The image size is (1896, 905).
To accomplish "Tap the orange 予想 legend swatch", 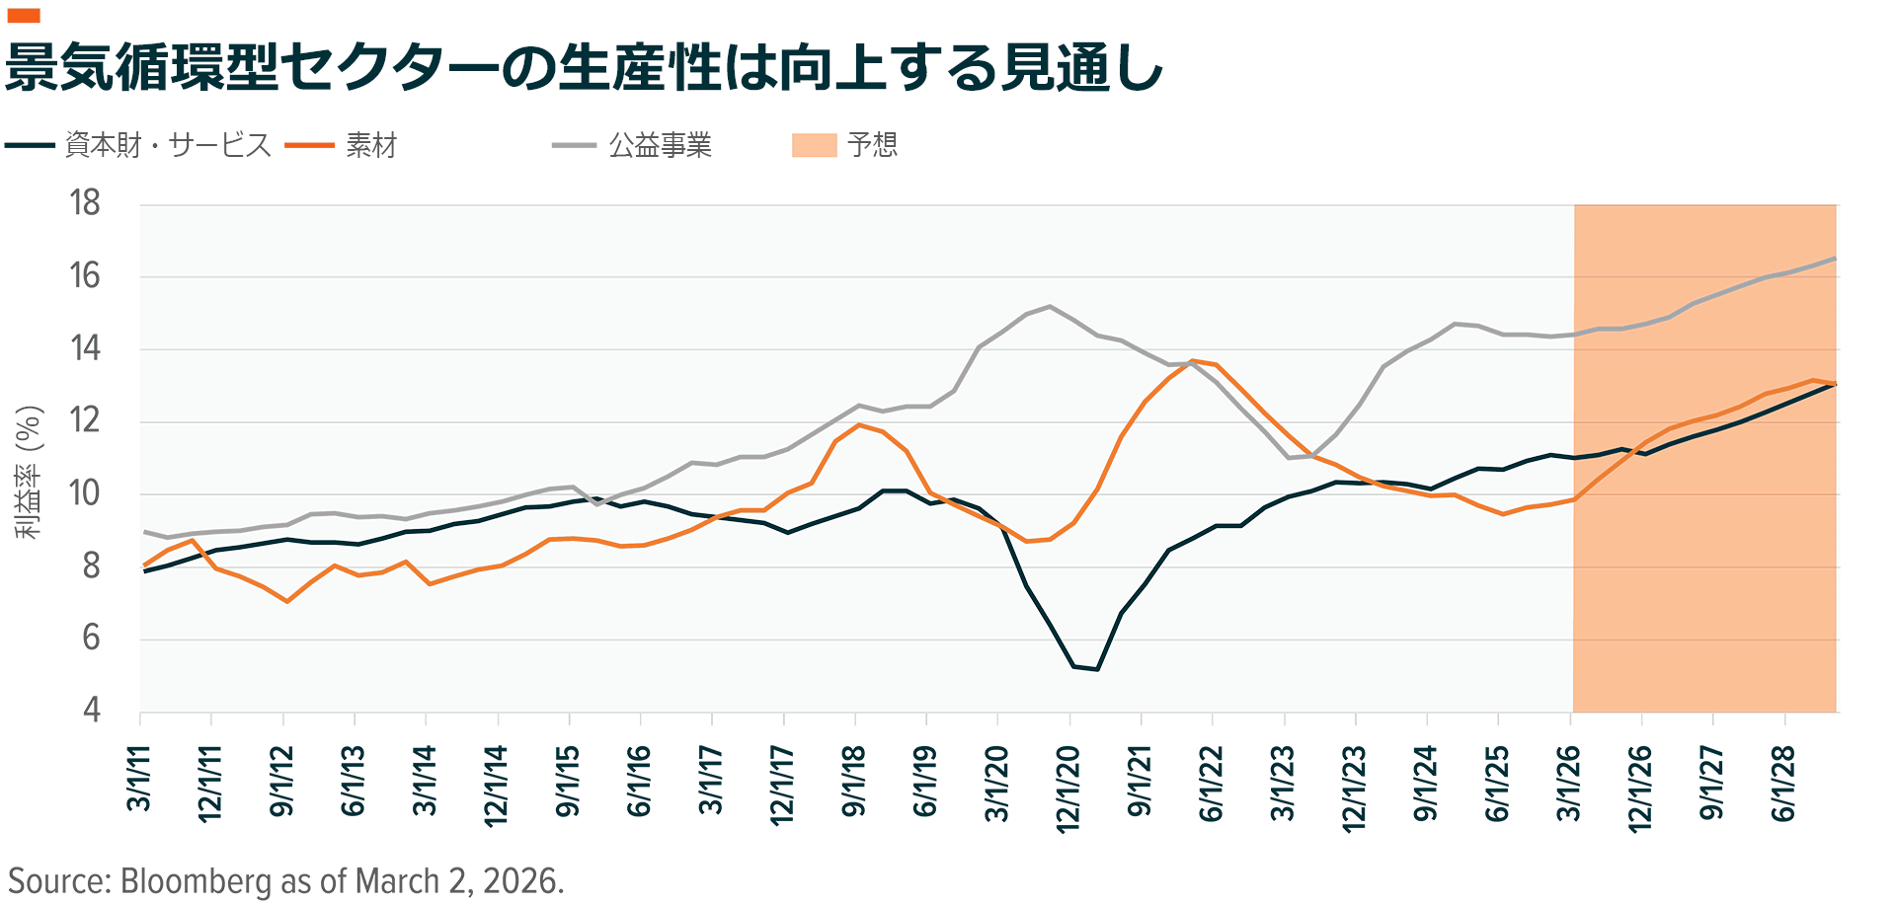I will click(814, 145).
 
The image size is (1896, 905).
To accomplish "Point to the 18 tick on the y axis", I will click(85, 203).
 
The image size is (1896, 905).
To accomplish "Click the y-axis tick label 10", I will click(85, 493).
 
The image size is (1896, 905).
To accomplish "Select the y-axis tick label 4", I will click(91, 710).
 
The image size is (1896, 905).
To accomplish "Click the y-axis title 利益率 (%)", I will click(30, 472).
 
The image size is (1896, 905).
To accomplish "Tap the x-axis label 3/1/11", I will click(139, 779).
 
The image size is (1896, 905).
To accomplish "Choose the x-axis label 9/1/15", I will click(568, 782).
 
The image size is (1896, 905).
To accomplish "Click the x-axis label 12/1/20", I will click(1068, 789).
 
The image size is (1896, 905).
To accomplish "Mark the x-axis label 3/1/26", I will click(1569, 785).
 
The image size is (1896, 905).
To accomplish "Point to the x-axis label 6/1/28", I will click(1783, 785).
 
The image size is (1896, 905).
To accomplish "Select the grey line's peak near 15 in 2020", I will click(1049, 306).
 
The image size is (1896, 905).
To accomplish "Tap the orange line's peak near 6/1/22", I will click(1193, 361).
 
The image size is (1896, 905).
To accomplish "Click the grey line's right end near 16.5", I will click(1834, 259).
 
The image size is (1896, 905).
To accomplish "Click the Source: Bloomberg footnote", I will click(286, 880).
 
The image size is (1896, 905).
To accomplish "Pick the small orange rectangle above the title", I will click(24, 15).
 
